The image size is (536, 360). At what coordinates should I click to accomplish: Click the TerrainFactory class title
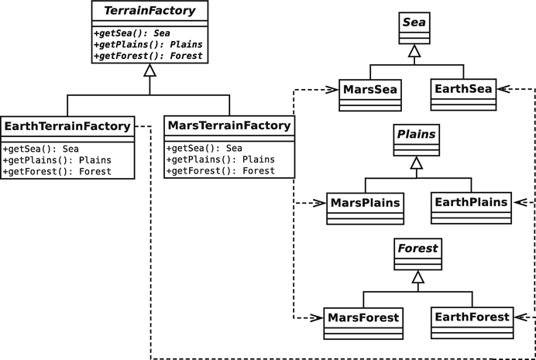(x=149, y=11)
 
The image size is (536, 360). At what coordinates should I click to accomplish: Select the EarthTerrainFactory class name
(x=67, y=125)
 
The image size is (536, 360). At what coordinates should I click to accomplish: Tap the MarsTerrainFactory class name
(x=230, y=125)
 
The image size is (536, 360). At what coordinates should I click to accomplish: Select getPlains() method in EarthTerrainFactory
(x=57, y=160)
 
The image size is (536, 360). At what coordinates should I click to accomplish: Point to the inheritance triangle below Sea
(x=416, y=52)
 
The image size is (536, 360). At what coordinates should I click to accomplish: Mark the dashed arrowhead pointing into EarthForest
(x=517, y=317)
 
